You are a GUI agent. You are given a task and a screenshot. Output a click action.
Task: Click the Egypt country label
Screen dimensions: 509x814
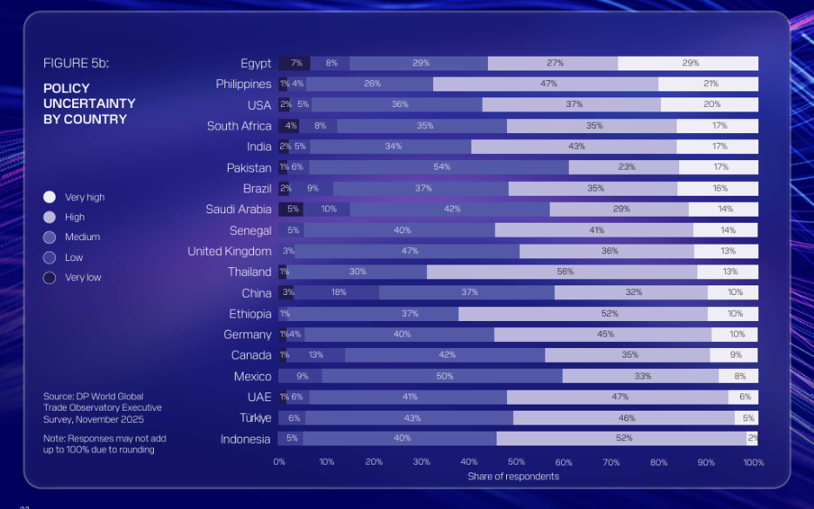pos(256,64)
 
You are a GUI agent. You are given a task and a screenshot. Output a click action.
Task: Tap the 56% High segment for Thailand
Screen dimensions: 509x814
pos(565,271)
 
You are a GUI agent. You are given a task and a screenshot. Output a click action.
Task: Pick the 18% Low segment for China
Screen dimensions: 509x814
pos(338,292)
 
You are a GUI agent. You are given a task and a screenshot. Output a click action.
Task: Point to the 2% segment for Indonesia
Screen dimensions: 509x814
pos(752,439)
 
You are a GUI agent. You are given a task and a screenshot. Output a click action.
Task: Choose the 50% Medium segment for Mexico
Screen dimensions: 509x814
pos(444,376)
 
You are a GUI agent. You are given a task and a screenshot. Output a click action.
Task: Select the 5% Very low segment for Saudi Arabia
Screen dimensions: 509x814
pos(293,209)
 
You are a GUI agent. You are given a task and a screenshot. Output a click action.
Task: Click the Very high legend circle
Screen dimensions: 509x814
pos(50,198)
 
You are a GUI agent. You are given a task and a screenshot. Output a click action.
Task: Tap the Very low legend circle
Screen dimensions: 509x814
pos(50,278)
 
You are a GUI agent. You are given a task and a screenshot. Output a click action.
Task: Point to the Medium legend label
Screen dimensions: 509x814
pos(83,237)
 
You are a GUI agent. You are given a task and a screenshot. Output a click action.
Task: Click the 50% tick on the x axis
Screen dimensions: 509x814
pos(517,462)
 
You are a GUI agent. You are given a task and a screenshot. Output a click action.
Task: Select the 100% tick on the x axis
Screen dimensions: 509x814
pos(753,462)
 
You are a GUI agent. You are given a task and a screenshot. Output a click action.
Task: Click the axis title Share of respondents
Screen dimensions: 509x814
pos(513,477)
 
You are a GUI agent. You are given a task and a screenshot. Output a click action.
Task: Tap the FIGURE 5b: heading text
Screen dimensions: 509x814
pos(76,64)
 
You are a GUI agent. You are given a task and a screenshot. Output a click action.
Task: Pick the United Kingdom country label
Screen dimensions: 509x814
pos(230,251)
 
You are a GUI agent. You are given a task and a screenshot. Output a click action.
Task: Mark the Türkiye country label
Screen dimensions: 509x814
pos(256,419)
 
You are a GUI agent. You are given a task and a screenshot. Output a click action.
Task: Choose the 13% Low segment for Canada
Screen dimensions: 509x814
pos(316,355)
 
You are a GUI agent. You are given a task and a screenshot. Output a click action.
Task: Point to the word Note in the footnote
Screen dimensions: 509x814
pos(54,439)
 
